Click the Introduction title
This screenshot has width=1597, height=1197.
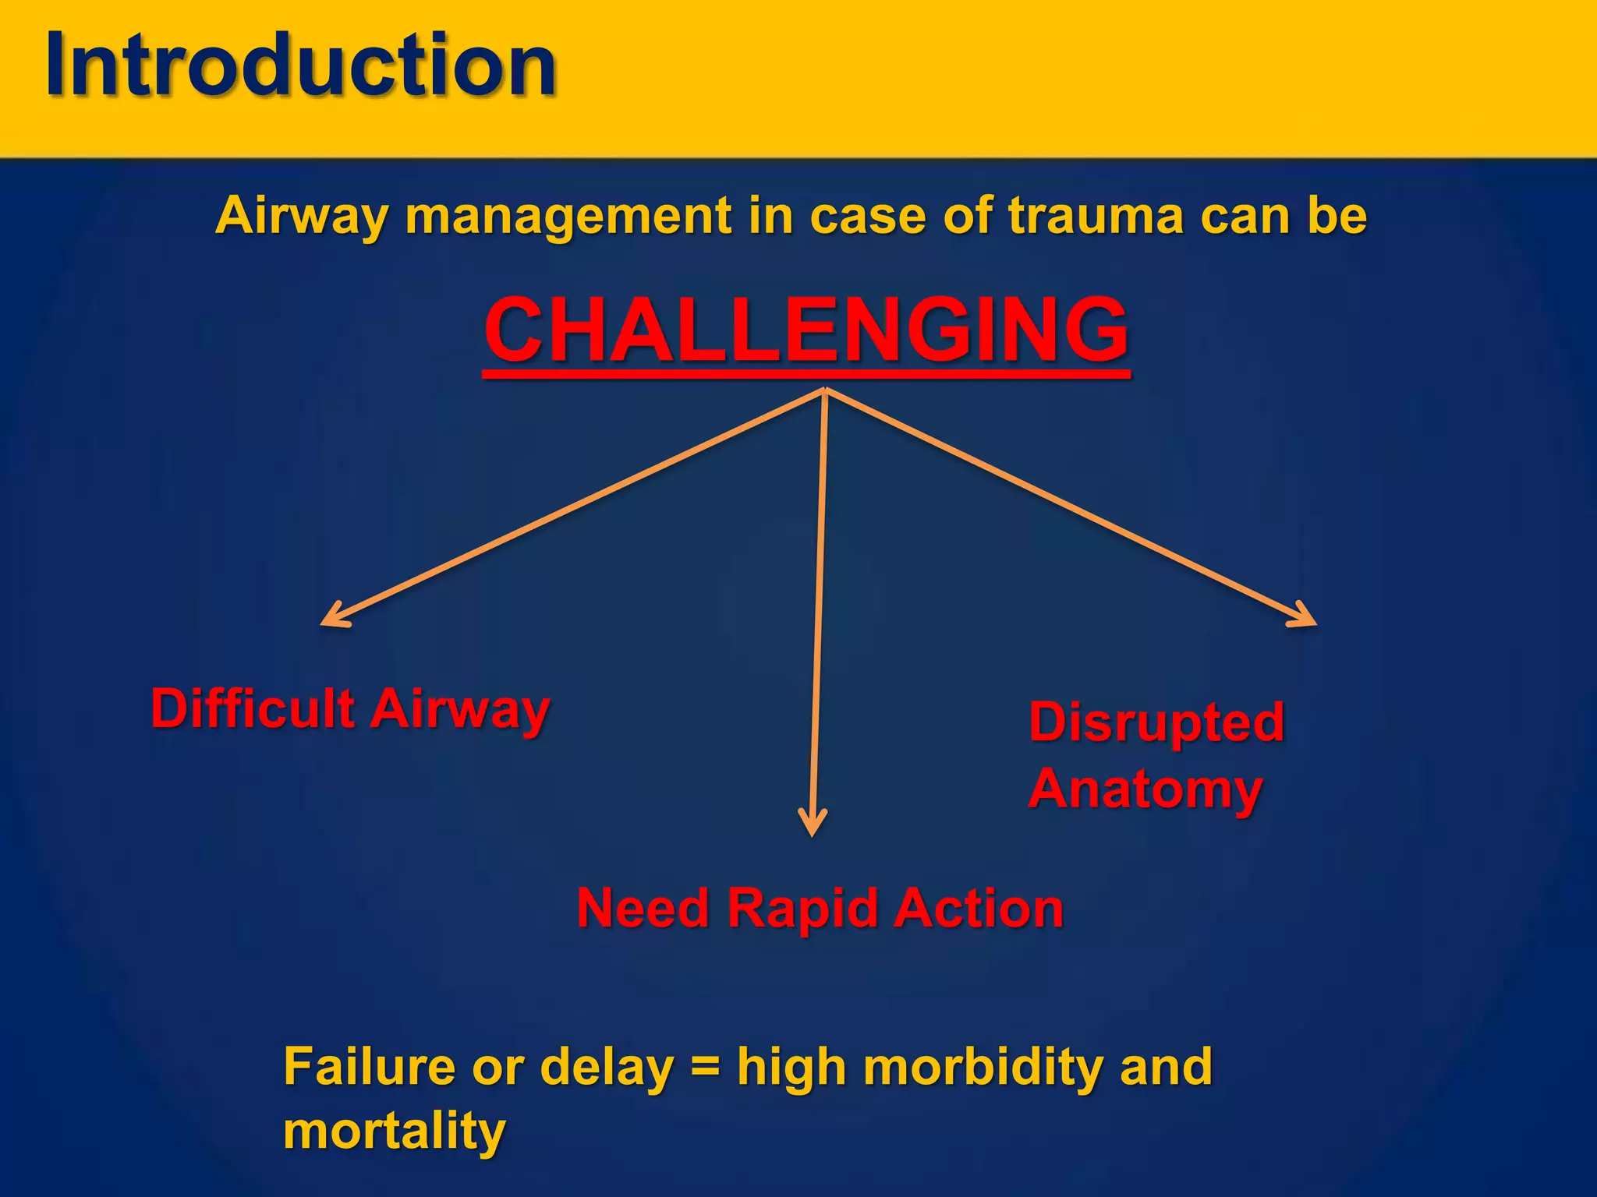coord(300,65)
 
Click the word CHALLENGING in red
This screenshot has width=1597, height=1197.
coord(806,330)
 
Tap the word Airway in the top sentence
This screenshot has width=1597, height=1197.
coord(300,216)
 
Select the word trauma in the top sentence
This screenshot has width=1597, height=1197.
coord(1096,216)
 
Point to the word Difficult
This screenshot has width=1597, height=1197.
coord(253,708)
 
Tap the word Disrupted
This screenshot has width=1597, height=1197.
coord(1156,722)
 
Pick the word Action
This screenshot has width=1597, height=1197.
coord(979,909)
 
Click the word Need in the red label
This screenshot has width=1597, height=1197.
coord(643,909)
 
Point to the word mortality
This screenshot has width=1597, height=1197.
coord(395,1132)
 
